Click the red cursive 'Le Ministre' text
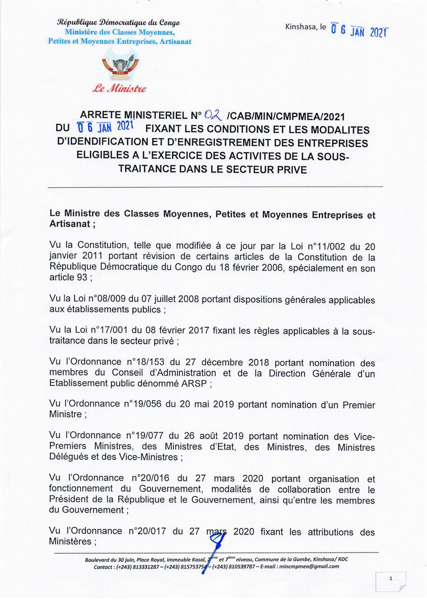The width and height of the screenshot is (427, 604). pos(119,89)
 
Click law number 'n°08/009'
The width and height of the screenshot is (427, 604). pos(108,299)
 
